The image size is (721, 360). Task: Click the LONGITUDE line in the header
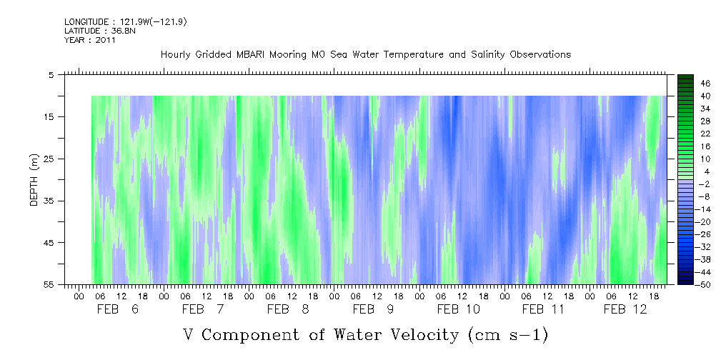126,21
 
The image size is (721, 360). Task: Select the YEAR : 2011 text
90,40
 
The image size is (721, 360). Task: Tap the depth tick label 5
51,74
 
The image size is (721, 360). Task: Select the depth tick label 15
49,116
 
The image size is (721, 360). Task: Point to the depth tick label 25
49,159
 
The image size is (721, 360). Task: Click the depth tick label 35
49,201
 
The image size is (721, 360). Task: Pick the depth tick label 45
49,243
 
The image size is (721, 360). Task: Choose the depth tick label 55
49,285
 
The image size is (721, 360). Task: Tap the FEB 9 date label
374,309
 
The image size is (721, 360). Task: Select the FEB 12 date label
626,309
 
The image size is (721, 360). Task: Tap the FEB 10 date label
459,309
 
